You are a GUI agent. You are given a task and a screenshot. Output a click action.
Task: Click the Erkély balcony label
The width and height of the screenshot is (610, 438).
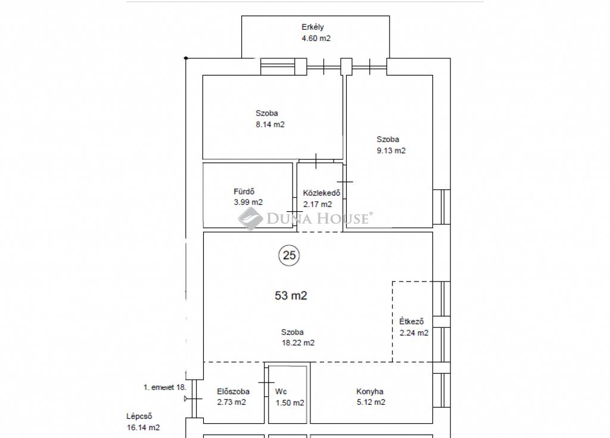[313, 27]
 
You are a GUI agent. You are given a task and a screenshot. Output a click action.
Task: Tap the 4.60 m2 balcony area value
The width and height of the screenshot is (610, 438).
[316, 38]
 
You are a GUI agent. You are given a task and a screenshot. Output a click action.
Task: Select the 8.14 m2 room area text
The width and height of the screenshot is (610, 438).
[270, 124]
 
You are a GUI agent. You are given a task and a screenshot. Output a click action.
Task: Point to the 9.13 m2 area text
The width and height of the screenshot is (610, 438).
[391, 151]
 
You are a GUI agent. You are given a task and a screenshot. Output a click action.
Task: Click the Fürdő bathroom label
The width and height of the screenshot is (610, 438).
[244, 191]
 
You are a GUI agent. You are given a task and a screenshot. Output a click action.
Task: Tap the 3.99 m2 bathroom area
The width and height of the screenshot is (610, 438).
[248, 202]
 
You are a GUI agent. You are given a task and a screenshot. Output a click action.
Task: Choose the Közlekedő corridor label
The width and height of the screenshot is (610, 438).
[322, 193]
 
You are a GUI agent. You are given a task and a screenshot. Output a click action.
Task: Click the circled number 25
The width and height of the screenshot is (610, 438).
[289, 255]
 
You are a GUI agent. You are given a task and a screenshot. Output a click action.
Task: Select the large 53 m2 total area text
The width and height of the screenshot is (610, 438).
[291, 295]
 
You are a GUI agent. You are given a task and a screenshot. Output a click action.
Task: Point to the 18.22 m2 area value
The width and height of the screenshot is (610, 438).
[298, 343]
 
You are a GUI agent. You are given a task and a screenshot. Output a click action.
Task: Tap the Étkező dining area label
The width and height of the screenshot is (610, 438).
[412, 321]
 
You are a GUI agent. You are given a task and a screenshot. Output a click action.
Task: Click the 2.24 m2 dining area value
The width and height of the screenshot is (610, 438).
[414, 333]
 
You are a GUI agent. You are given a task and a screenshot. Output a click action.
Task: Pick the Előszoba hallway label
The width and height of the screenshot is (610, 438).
[234, 392]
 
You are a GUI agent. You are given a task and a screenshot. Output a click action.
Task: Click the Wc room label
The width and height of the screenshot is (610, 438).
[281, 392]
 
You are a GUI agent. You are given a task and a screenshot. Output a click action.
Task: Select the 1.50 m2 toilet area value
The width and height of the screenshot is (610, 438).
[290, 403]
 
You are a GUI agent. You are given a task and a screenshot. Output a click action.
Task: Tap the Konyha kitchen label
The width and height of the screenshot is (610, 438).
[370, 392]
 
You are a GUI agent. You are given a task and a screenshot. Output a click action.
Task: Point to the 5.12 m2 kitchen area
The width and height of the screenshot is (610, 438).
[371, 402]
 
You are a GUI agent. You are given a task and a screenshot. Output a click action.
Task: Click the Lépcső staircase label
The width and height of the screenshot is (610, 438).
[139, 416]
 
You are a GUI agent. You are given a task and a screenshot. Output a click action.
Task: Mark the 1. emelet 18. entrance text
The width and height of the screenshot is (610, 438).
[165, 387]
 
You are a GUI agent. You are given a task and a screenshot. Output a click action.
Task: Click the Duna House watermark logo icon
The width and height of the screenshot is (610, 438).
[251, 218]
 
